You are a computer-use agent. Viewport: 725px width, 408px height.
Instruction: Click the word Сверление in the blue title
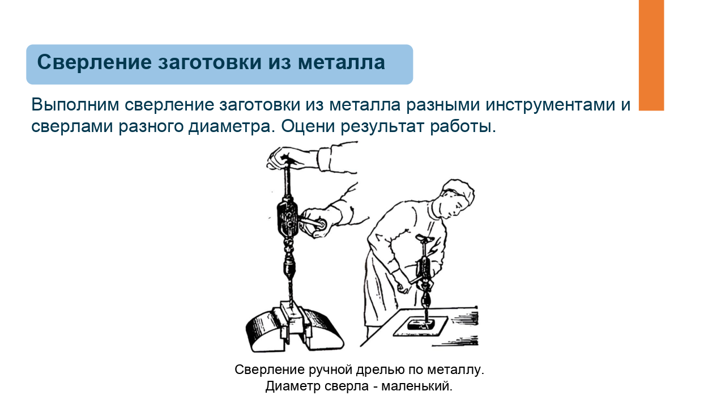pos(94,62)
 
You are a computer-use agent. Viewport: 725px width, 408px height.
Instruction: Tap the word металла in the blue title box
pos(342,62)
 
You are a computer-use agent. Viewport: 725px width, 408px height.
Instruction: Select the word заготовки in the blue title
pos(210,62)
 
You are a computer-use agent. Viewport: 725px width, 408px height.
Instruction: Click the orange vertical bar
pos(651,55)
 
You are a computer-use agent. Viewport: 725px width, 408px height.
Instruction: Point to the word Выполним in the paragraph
pos(75,105)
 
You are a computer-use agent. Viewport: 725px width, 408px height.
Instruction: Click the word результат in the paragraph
pos(382,126)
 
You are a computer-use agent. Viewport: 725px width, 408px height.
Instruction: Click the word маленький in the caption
pos(417,386)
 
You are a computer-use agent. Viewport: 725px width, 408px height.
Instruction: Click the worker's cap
pos(459,192)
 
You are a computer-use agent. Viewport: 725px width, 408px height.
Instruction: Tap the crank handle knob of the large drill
pos(321,224)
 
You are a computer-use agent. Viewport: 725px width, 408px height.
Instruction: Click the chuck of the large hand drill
pos(289,267)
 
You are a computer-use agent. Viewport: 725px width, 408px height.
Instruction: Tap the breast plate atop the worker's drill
pos(425,239)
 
